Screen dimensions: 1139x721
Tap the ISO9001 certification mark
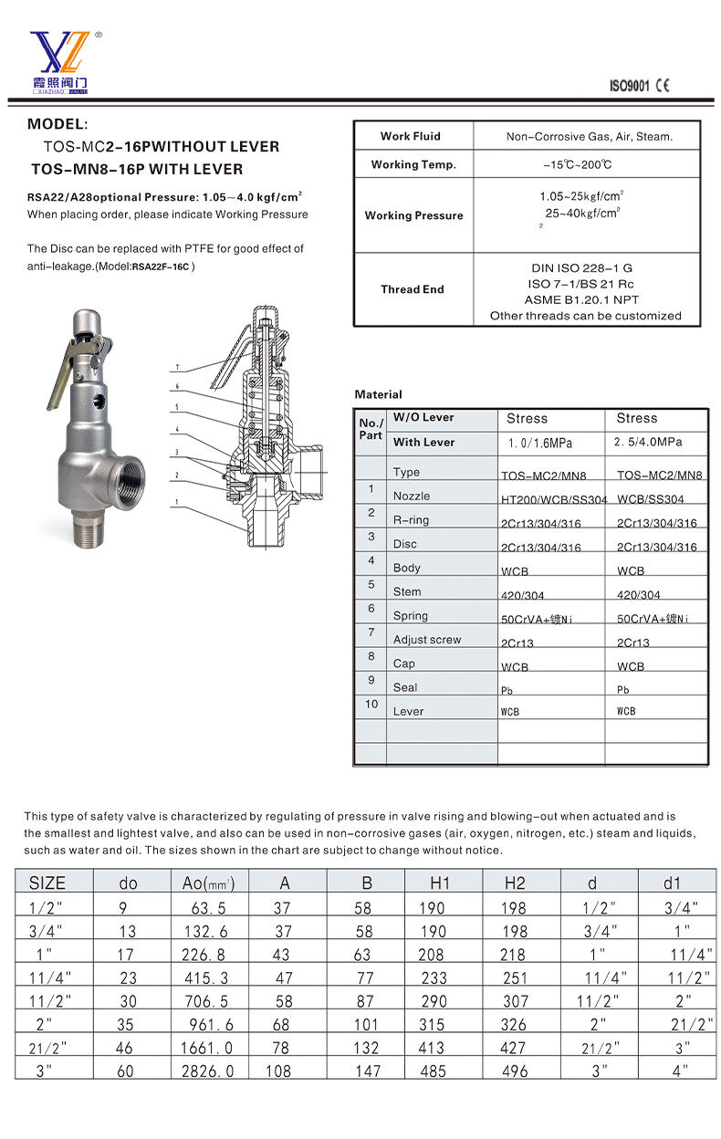click(629, 86)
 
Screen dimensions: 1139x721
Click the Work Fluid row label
click(411, 136)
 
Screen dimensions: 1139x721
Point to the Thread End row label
click(413, 289)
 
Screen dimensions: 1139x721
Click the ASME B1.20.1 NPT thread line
click(581, 299)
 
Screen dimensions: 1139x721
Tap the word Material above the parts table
click(378, 394)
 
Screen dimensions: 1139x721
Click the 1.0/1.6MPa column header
click(540, 443)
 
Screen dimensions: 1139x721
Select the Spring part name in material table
click(411, 616)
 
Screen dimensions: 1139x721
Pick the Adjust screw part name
click(427, 640)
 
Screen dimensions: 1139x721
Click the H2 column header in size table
click(515, 883)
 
